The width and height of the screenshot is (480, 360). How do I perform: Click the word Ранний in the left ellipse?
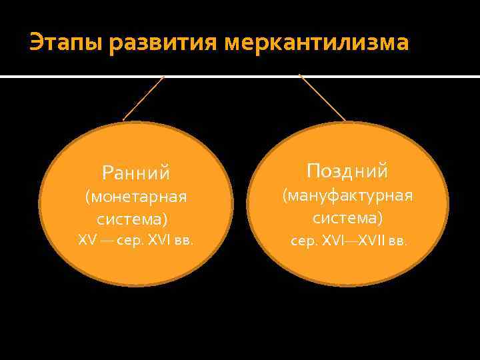pos(136,173)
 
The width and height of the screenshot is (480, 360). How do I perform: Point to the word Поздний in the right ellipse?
pos(347,171)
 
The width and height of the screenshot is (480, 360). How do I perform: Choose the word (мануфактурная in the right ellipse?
pos(347,195)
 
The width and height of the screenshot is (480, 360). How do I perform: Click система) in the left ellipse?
pos(132,219)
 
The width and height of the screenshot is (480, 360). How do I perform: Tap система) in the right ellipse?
pos(347,217)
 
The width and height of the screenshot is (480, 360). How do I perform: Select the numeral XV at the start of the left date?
pos(87,240)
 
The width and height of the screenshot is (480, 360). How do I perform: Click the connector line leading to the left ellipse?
pos(143,97)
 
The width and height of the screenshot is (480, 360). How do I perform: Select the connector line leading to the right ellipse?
pos(322,97)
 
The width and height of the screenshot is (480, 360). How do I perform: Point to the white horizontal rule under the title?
pos(240,77)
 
